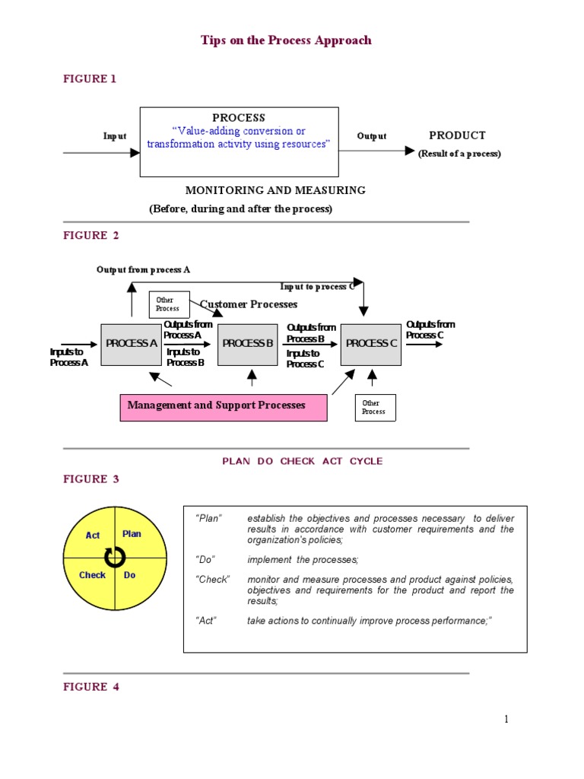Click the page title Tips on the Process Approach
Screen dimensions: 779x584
point(286,40)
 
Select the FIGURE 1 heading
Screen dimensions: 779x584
point(90,79)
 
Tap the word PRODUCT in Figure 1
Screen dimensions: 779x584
point(457,135)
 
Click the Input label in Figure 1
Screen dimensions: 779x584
point(115,136)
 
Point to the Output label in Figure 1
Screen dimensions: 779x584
point(372,136)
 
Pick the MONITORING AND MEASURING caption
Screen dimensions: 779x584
point(275,190)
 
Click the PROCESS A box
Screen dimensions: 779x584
point(132,344)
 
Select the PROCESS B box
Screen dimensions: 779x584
point(248,344)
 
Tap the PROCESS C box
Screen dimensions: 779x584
point(371,344)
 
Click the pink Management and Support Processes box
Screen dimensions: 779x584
point(224,406)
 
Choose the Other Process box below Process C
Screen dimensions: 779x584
point(375,407)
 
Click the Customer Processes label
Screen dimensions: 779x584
point(249,304)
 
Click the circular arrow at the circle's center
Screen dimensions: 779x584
point(115,558)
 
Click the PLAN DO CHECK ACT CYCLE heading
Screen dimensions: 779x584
point(303,461)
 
